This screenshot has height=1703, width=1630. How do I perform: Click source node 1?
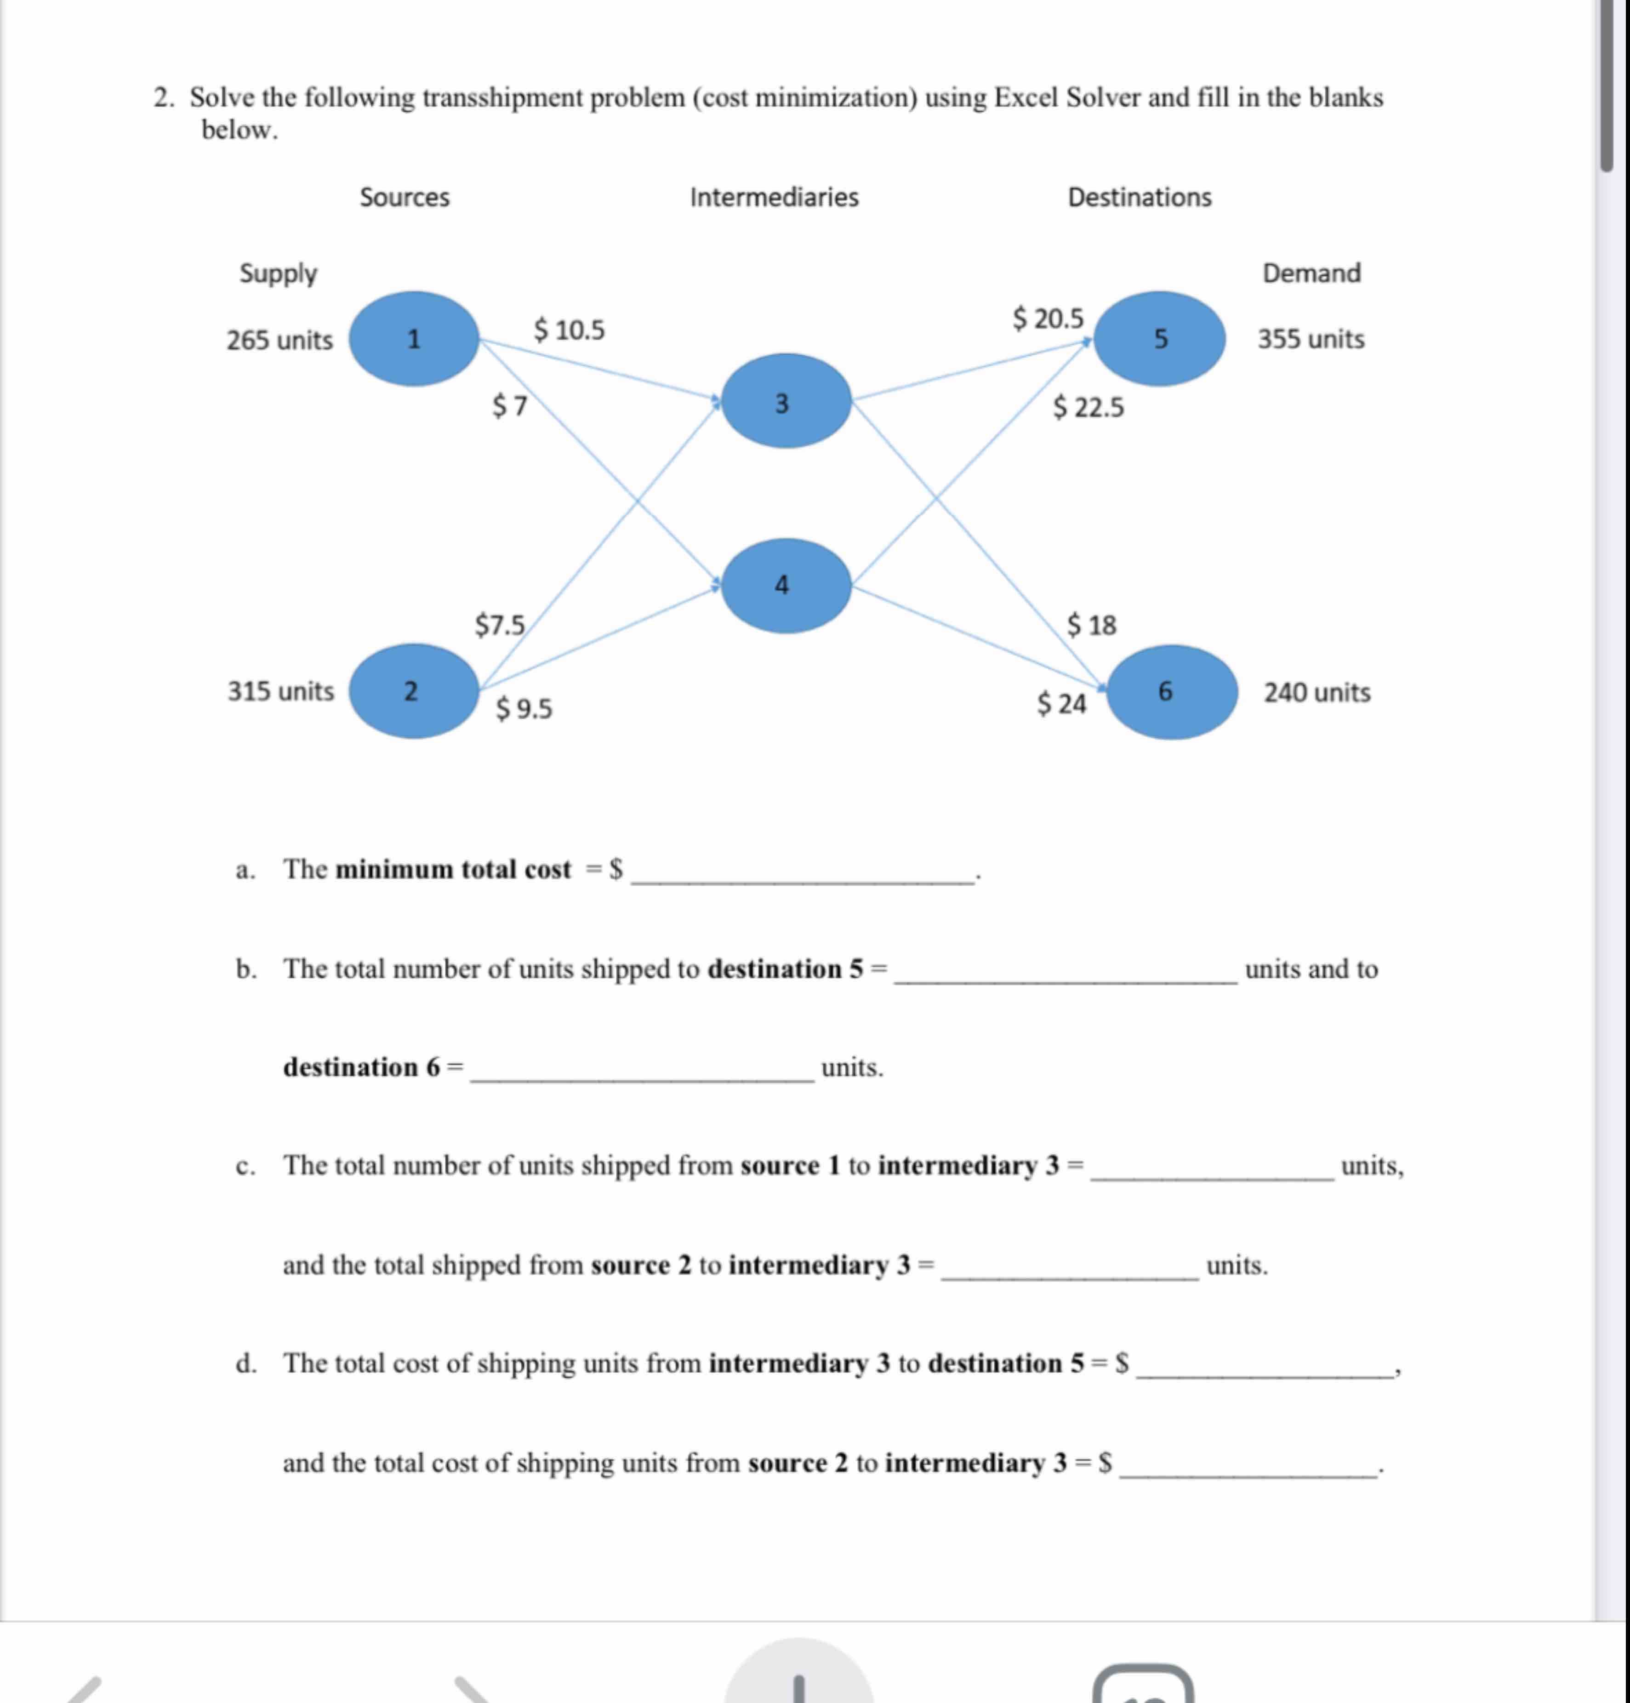414,339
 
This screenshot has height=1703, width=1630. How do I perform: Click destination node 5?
1159,339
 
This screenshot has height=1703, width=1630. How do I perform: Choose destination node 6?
1171,693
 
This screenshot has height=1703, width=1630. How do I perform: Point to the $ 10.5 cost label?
569,330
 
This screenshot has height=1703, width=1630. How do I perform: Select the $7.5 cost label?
500,625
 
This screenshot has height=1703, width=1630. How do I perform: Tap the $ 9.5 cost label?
524,709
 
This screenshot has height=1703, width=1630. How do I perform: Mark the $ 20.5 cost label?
1048,319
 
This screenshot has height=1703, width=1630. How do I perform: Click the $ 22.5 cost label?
1088,408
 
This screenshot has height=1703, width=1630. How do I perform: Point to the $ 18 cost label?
1091,625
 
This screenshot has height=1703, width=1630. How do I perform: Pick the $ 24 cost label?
1062,703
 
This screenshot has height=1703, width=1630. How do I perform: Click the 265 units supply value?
280,340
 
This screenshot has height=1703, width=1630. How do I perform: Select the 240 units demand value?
1317,693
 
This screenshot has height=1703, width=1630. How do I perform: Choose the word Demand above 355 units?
1311,273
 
